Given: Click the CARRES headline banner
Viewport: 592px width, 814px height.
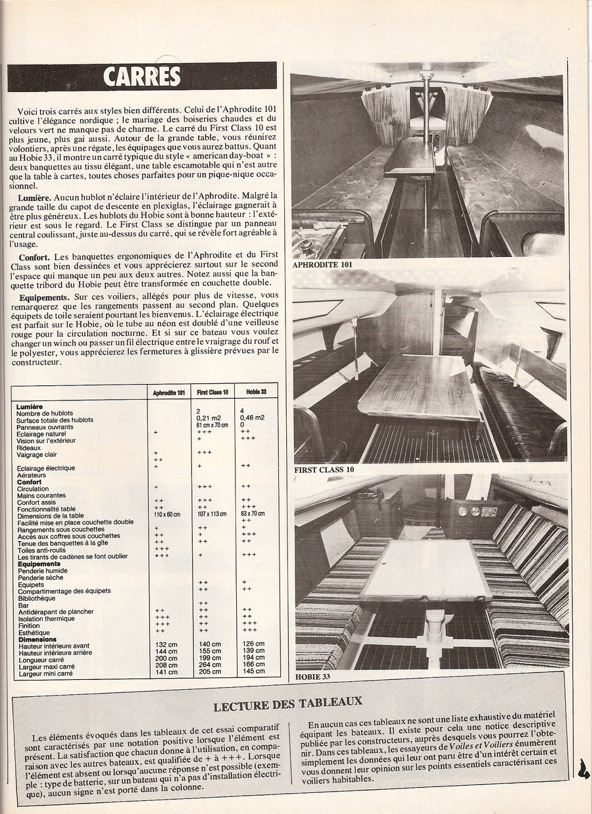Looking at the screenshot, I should [x=142, y=76].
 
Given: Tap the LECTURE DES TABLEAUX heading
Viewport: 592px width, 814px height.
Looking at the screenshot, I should [x=287, y=706].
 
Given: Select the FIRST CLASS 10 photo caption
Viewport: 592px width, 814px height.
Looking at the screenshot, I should [x=324, y=470].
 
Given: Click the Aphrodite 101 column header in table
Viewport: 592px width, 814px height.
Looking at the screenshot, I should [x=169, y=393].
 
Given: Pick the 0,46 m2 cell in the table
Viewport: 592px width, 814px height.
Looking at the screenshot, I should [x=253, y=418].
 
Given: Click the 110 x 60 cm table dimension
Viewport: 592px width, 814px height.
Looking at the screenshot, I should [x=166, y=514].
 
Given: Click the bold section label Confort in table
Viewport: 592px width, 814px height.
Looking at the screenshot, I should [x=30, y=482].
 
